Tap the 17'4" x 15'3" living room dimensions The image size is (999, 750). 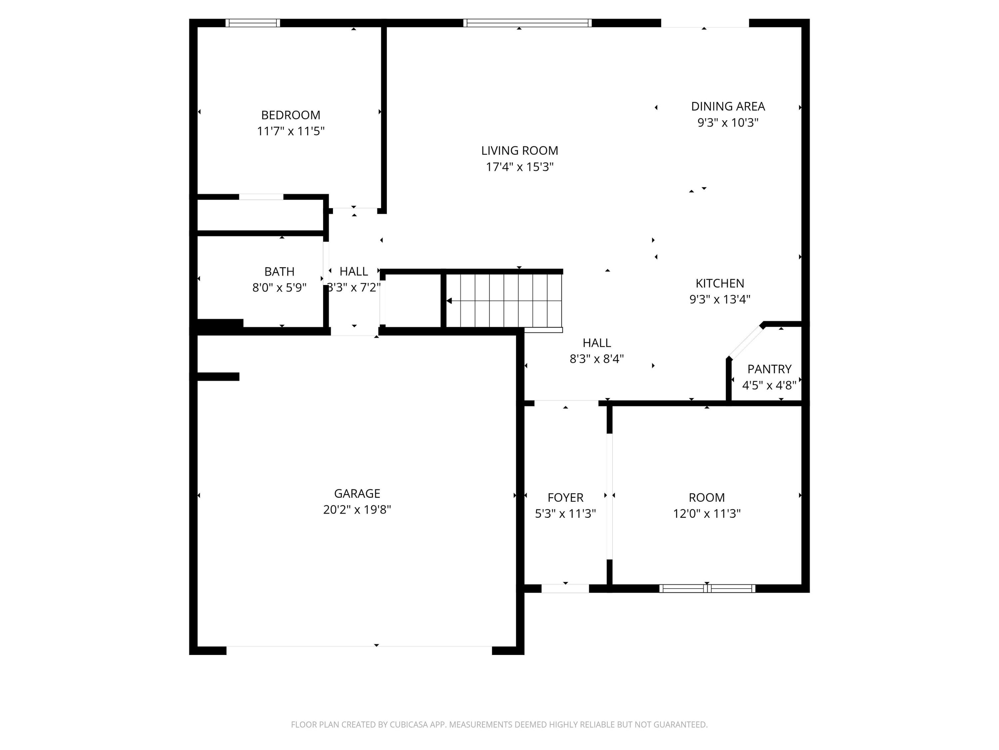click(x=519, y=167)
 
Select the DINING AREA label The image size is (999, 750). click(x=728, y=106)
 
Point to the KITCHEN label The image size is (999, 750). click(x=719, y=283)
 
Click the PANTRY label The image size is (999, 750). click(x=769, y=369)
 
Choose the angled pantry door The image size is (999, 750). click(x=746, y=342)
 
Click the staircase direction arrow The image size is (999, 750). click(x=449, y=301)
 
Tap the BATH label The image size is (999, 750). click(x=279, y=271)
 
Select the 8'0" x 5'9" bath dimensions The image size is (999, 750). click(x=279, y=288)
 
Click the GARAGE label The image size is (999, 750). click(x=357, y=493)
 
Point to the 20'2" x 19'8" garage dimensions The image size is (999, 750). click(x=357, y=509)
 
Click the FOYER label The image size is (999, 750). click(x=565, y=497)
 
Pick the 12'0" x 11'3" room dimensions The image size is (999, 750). click(x=706, y=514)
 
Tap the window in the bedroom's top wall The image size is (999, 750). click(x=252, y=23)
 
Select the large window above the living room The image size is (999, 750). click(x=527, y=23)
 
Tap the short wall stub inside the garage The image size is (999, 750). click(x=218, y=377)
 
